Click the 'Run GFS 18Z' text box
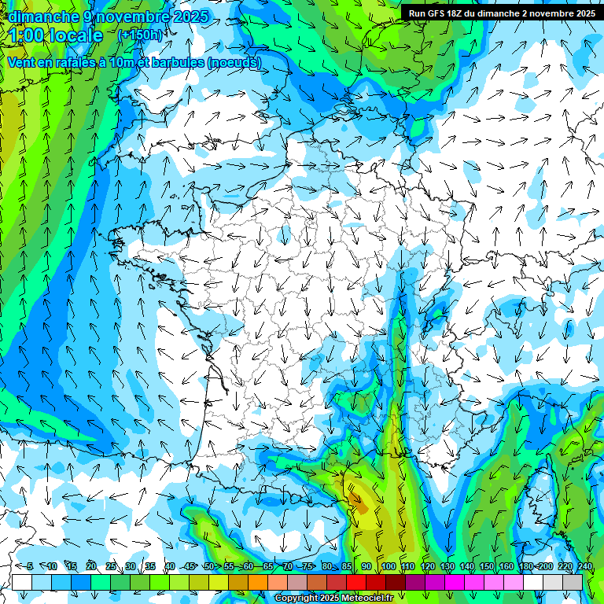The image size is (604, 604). (x=501, y=13)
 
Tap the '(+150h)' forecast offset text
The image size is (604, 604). (x=140, y=35)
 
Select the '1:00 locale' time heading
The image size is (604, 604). (x=57, y=36)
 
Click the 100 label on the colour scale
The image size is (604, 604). (x=388, y=566)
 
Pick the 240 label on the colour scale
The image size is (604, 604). (x=585, y=566)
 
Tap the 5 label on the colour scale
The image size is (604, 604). (x=30, y=566)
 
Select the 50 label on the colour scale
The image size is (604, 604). (x=209, y=566)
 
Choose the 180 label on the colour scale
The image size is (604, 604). (x=525, y=566)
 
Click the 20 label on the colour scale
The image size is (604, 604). (x=91, y=566)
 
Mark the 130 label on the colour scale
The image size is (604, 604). (x=447, y=566)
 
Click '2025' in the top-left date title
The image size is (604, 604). (x=191, y=17)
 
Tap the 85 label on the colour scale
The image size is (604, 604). (x=347, y=566)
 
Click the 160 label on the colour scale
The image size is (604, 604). (x=506, y=566)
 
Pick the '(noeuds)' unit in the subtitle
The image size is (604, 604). (x=235, y=63)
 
